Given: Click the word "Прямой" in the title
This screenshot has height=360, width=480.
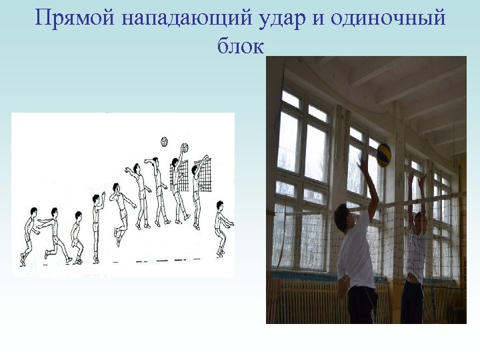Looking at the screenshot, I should pyautogui.click(x=75, y=18).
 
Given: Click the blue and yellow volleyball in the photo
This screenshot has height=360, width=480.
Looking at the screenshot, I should pyautogui.click(x=383, y=154).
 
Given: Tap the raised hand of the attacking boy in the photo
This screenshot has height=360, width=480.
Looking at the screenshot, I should pyautogui.click(x=363, y=163).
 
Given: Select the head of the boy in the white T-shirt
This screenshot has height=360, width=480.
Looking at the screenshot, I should pyautogui.click(x=344, y=219).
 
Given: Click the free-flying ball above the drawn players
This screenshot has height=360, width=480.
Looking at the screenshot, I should pyautogui.click(x=164, y=141).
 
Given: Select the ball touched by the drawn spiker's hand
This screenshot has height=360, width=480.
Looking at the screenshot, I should pyautogui.click(x=184, y=147).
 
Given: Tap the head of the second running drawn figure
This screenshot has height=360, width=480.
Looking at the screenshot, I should pyautogui.click(x=54, y=212).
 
